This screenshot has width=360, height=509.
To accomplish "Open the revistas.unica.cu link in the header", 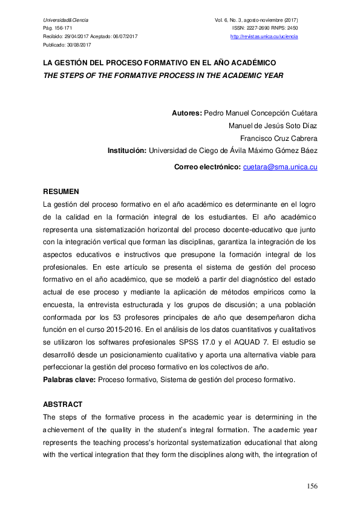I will tap(264, 37).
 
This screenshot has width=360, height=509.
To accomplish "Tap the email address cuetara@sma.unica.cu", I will tap(280, 166).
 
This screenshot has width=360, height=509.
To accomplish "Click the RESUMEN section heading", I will tap(60, 192).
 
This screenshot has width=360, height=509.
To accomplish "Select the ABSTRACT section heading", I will tap(63, 404).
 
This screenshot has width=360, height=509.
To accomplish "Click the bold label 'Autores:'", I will tap(187, 113).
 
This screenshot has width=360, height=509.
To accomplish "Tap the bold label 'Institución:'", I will tap(127, 151).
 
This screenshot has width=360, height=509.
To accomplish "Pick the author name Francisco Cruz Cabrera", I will tap(279, 138).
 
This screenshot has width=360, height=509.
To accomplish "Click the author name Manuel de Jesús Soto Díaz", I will tap(273, 126).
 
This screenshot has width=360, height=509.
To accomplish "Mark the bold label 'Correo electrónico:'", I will tap(208, 166).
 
